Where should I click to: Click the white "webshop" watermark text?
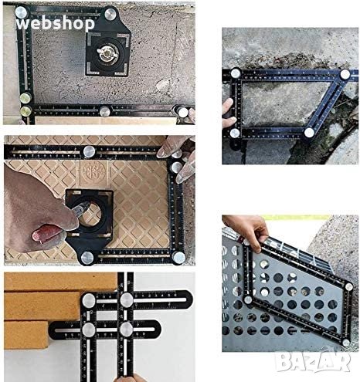pos(55,24)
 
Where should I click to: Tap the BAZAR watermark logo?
pos(313,362)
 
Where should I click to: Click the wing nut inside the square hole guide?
pos(107,53)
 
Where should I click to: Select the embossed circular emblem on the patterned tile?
pos(94,171)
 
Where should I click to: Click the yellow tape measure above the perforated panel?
pos(296,218)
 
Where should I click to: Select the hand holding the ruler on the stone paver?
pos(229,113)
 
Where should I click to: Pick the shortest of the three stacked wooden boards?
pos(26,335)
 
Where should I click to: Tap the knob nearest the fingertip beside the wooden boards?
pos(126,330)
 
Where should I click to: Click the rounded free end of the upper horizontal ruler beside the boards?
pos(188,299)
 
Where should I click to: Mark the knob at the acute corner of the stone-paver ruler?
pos(345,74)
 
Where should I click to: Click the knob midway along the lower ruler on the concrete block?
pos(105,111)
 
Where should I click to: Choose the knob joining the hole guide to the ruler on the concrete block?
pos(110,14)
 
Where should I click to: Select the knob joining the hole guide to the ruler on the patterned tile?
pos(87,257)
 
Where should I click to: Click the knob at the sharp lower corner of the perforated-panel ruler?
pos(347,343)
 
